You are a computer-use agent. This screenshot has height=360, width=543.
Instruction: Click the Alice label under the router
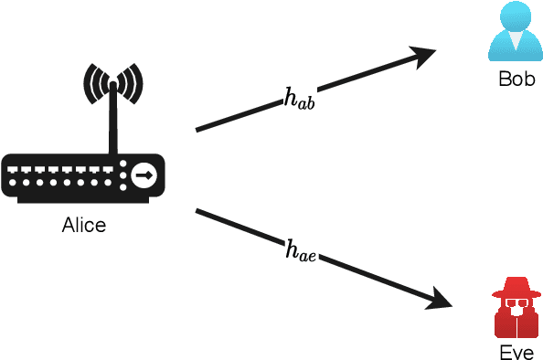(x=83, y=224)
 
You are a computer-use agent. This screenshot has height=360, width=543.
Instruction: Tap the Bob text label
(x=516, y=78)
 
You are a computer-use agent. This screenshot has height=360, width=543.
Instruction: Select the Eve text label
(x=516, y=353)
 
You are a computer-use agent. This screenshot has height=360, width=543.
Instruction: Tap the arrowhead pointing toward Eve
(x=442, y=301)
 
